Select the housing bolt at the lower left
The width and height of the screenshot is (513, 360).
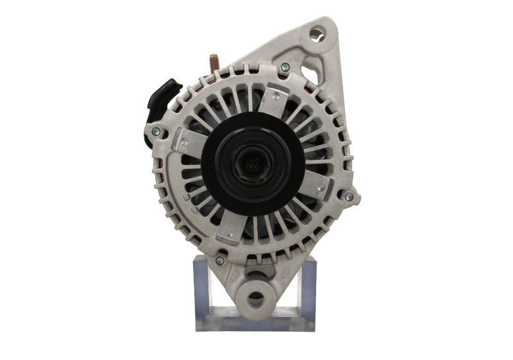pyautogui.click(x=220, y=260)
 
